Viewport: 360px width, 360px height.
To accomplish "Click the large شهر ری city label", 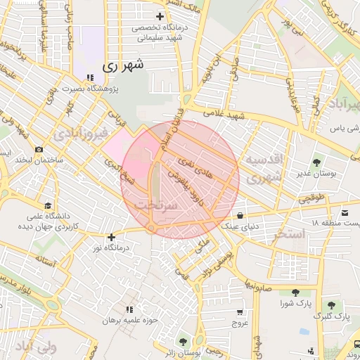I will pos(123,66).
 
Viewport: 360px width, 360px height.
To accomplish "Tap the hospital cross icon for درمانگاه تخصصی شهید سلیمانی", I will pos(160,16).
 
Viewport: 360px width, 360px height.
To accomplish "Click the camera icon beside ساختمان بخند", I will pos(39,149).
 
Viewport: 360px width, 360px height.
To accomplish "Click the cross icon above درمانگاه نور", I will pos(111,238).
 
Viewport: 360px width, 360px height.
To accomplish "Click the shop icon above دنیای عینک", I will pos(241,214).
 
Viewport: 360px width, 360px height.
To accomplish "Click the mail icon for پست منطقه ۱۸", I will pos(345,213).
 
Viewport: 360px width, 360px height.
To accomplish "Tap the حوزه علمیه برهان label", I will pos(128,320).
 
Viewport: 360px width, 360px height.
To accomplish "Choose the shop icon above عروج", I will pos(241,312).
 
